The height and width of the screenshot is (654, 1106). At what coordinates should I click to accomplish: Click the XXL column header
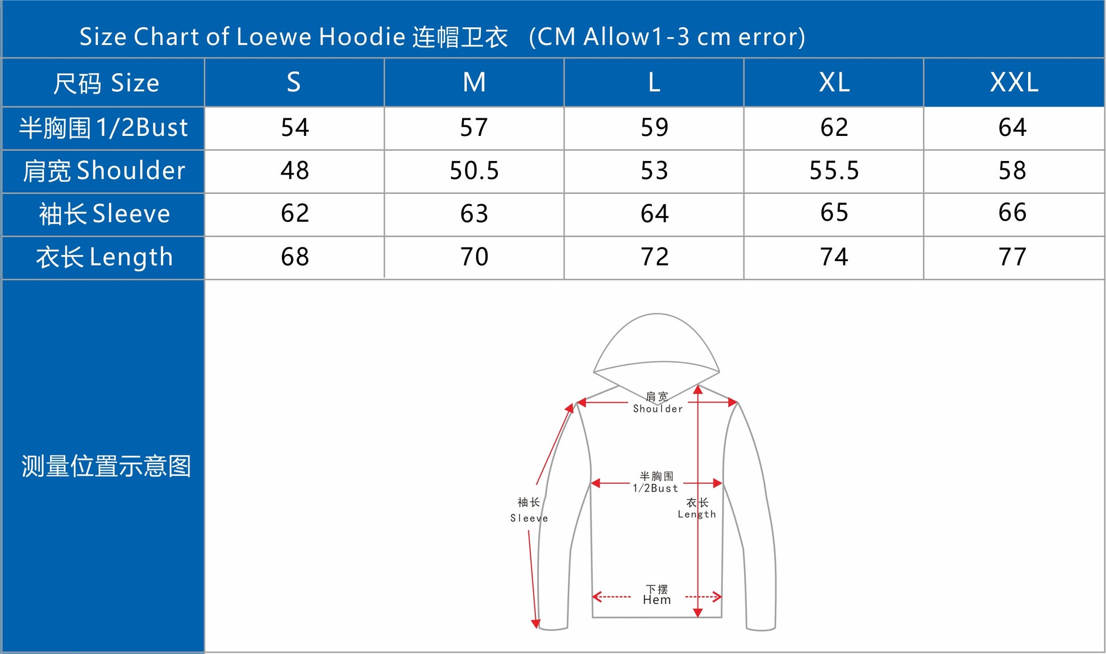tap(1014, 82)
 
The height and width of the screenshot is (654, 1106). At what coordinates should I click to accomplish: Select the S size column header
tap(293, 82)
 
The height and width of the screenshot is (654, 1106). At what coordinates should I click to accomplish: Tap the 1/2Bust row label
tap(103, 127)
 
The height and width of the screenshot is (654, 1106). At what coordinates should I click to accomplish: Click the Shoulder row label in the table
tap(104, 171)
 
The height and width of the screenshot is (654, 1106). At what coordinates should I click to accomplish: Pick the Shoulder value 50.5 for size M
tap(474, 171)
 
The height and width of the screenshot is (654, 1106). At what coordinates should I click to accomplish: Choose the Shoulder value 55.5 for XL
tap(834, 171)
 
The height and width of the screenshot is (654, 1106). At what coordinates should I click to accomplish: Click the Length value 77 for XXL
tap(1012, 257)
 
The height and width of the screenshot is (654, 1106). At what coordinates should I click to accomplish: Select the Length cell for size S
tap(295, 257)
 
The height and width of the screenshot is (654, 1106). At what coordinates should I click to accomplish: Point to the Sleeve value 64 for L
tap(654, 214)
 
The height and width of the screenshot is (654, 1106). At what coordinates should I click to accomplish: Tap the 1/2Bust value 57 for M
tap(474, 127)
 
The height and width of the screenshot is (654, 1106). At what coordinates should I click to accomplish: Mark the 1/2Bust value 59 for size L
tap(654, 127)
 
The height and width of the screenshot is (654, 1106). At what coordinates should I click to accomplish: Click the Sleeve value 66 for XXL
tap(1012, 213)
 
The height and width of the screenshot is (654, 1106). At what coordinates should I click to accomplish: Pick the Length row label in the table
tap(105, 257)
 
